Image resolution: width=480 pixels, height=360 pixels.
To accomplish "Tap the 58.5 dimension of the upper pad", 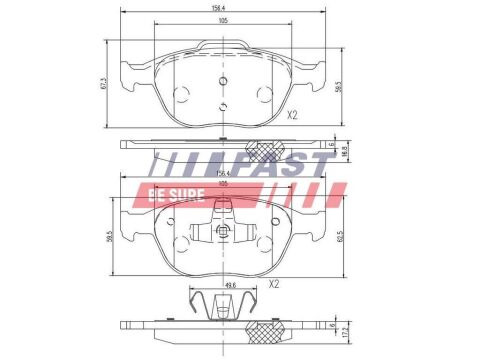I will click(340, 88).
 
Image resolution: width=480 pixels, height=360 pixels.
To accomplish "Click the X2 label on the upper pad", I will click(292, 115).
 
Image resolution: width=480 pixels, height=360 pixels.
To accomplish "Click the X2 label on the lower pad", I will click(274, 284).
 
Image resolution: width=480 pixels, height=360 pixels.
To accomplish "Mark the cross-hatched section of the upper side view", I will click(266, 149).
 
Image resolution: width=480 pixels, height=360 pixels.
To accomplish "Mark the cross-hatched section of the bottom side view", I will click(266, 327).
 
